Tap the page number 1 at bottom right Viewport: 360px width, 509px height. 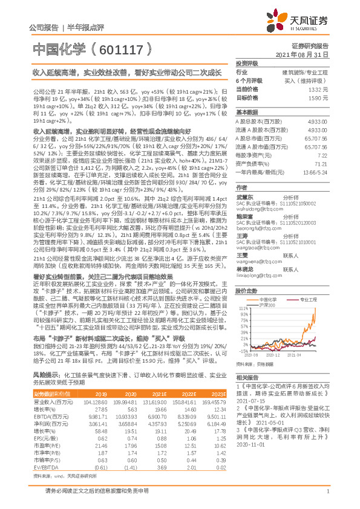click(x=327, y=496)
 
